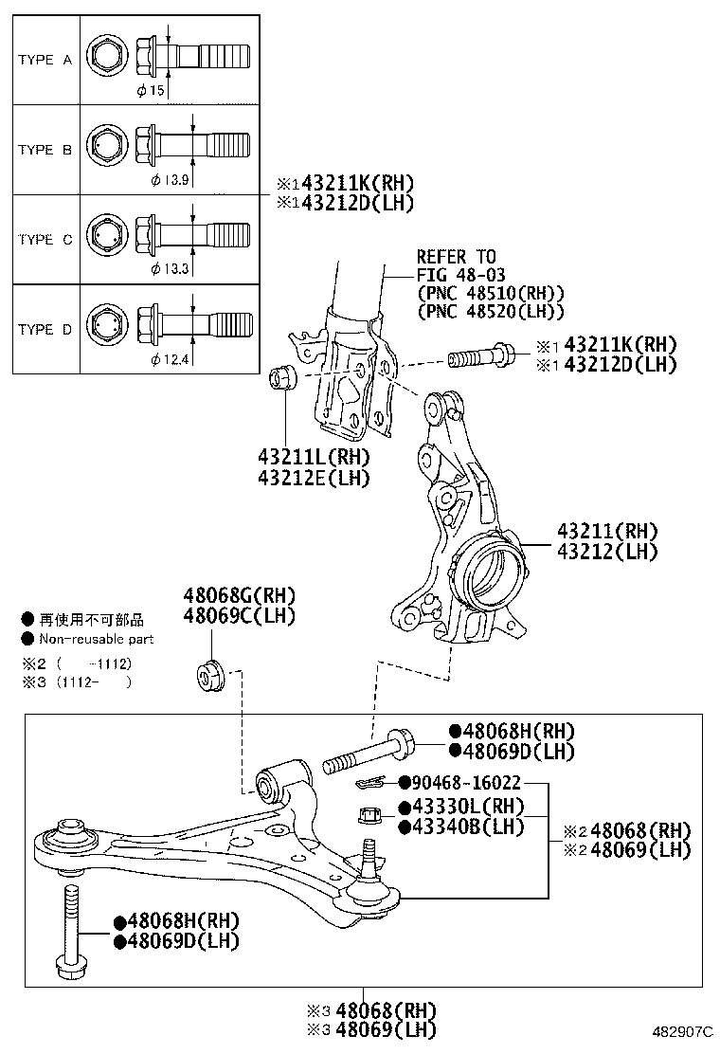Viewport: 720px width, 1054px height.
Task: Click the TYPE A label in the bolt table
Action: click(x=45, y=60)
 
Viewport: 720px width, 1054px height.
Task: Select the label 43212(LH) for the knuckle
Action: click(x=606, y=552)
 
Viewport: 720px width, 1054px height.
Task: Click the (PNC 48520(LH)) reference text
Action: click(x=491, y=311)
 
